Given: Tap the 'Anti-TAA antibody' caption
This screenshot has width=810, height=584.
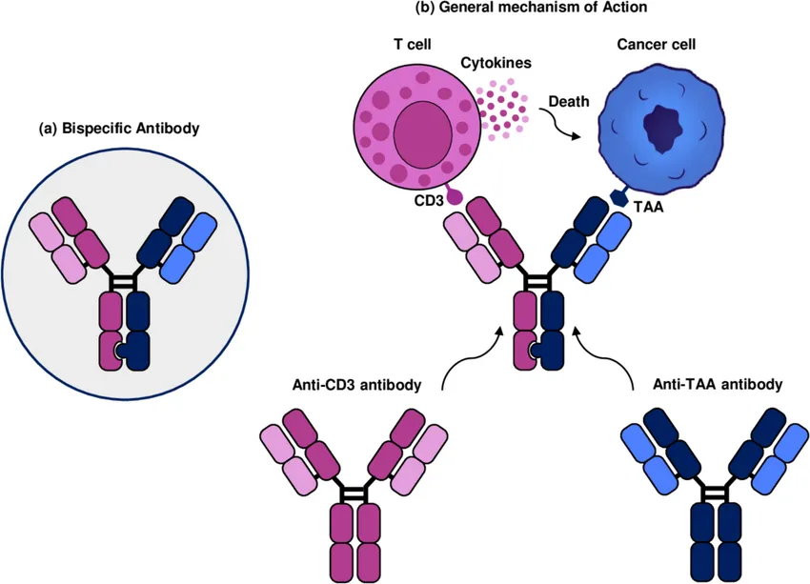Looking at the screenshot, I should point(718,385).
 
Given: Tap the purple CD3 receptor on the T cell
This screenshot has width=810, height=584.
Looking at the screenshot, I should point(453,194).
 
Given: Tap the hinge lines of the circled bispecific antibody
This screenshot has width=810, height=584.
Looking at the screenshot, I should point(124,281).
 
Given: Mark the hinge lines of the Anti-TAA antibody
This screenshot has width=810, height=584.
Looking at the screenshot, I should point(715,493).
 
